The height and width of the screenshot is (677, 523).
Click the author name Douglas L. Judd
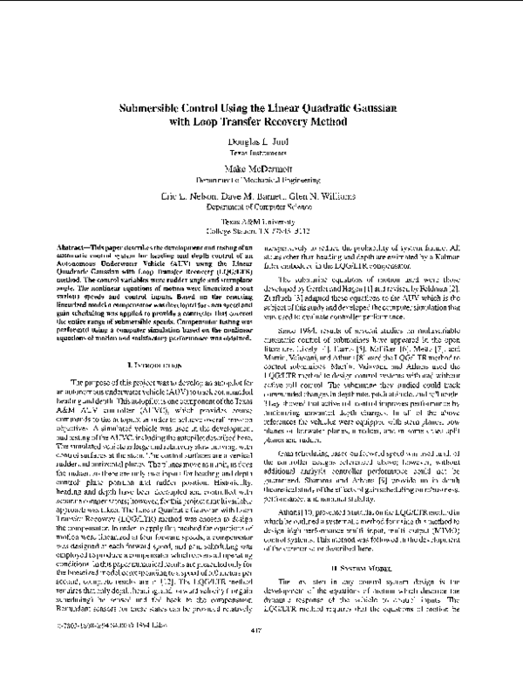262,141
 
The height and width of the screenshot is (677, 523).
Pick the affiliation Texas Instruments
262,153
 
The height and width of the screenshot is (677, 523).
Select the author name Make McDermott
262,168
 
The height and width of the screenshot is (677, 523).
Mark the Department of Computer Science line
262,209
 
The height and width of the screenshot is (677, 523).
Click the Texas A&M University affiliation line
262,222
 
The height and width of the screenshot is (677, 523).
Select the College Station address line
262,231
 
